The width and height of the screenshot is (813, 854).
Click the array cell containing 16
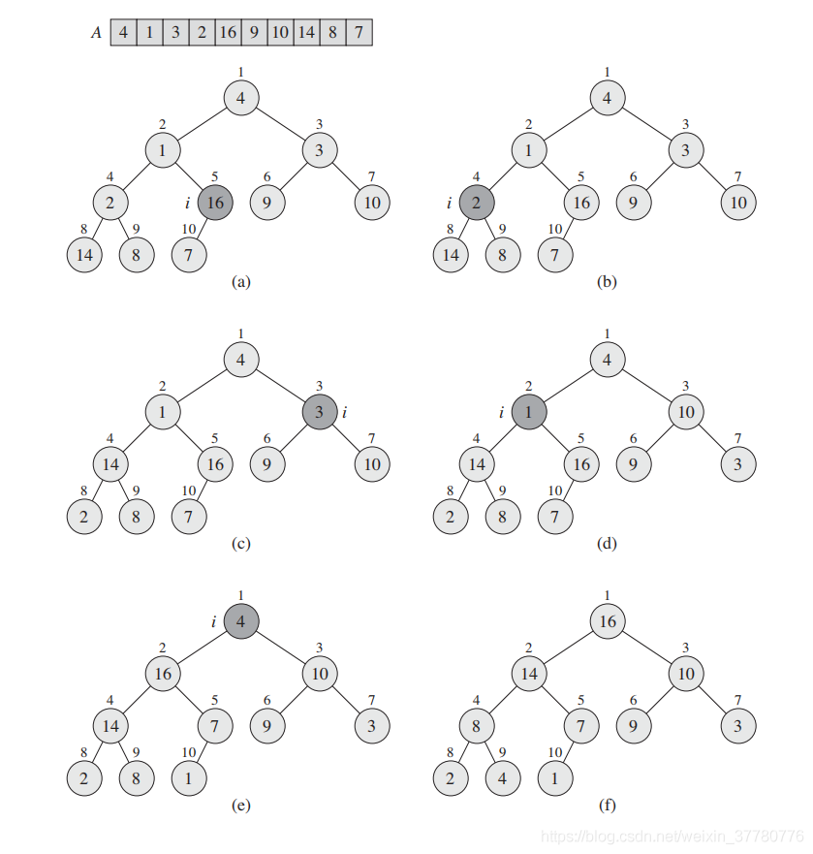[228, 32]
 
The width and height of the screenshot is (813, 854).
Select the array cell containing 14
[306, 32]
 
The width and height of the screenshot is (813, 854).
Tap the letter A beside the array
[96, 33]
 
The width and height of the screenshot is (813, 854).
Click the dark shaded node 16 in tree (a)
[215, 203]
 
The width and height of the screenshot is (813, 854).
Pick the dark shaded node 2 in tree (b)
[477, 203]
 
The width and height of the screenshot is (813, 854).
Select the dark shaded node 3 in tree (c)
[320, 412]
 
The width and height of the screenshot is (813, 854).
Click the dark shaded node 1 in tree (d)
[529, 412]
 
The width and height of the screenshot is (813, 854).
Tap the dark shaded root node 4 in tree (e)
[241, 621]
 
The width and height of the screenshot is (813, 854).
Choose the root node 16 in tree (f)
[608, 621]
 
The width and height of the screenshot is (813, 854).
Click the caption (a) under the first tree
[240, 281]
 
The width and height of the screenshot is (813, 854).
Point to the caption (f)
[608, 805]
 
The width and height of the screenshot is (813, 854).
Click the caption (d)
[608, 544]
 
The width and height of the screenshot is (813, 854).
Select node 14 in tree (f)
[529, 673]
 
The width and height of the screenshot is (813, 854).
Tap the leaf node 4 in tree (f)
[503, 777]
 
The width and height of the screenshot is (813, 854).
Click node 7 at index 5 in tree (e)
[215, 725]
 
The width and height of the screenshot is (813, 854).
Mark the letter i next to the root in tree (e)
[213, 621]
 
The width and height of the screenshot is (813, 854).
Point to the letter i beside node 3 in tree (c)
[345, 412]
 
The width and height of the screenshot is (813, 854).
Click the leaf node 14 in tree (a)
[84, 255]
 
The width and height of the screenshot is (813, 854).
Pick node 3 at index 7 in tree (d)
[737, 464]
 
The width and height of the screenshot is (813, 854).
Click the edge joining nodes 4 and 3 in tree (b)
[646, 124]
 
